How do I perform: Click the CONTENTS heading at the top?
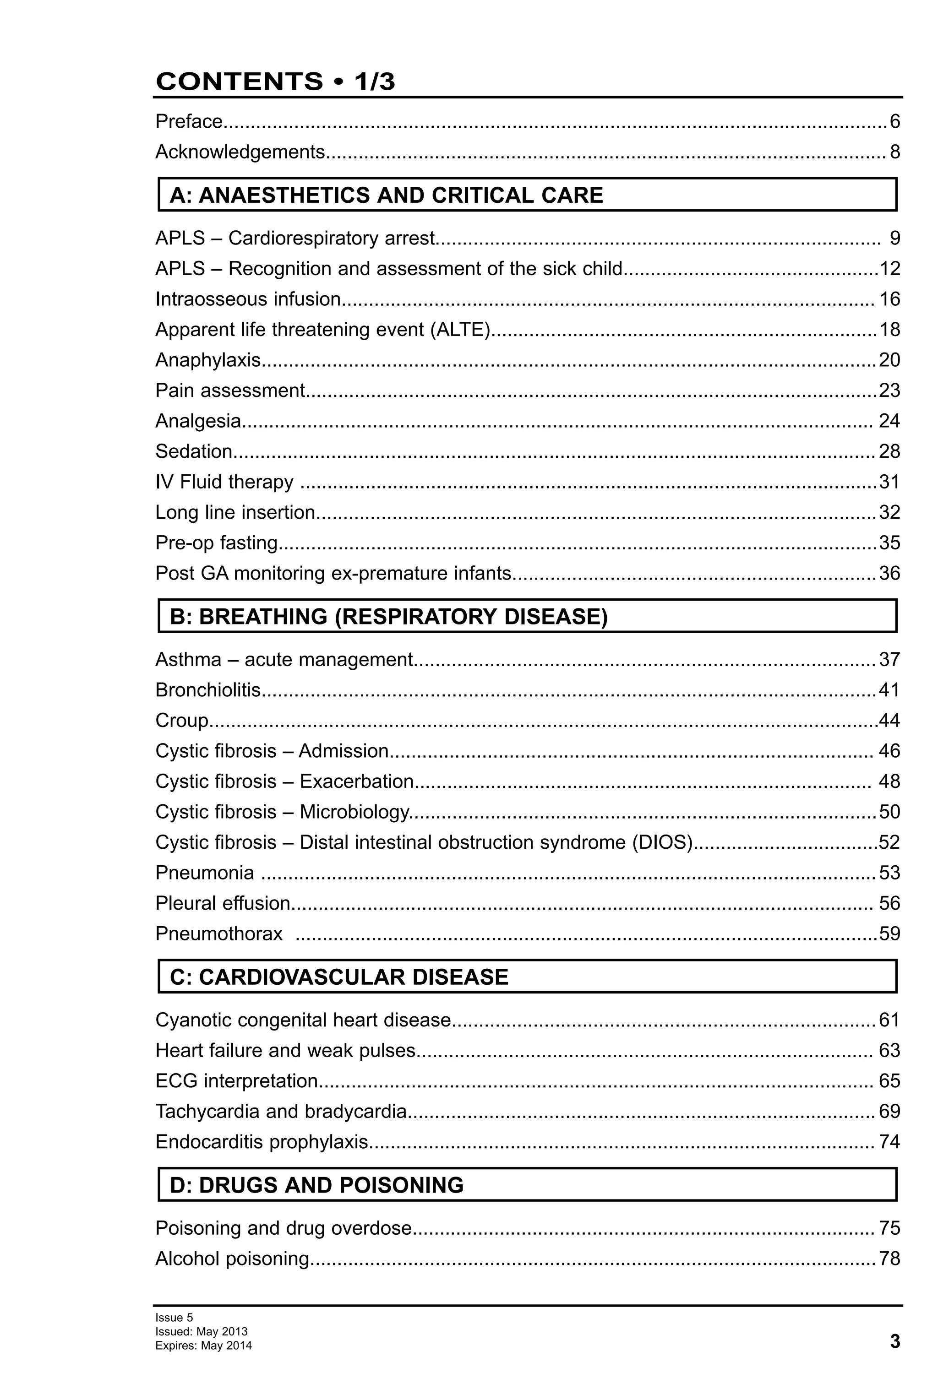pyautogui.click(x=275, y=81)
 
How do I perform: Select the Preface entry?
pyautogui.click(x=189, y=122)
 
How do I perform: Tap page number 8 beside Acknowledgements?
pyautogui.click(x=894, y=152)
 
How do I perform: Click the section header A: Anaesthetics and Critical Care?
pyautogui.click(x=386, y=195)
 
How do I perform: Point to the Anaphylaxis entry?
pyautogui.click(x=208, y=360)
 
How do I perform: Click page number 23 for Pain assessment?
pyautogui.click(x=889, y=390)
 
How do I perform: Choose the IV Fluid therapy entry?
pyautogui.click(x=224, y=482)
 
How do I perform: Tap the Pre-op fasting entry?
pyautogui.click(x=217, y=543)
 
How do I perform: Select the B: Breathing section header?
pyautogui.click(x=388, y=616)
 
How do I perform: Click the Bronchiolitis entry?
pyautogui.click(x=208, y=690)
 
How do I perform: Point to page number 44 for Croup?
pyautogui.click(x=889, y=720)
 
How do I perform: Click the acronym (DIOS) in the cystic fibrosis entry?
pyautogui.click(x=662, y=842)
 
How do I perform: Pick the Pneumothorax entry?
pyautogui.click(x=219, y=933)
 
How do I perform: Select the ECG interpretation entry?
pyautogui.click(x=237, y=1080)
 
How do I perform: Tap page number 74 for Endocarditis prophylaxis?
pyautogui.click(x=889, y=1142)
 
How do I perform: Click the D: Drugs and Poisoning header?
pyautogui.click(x=317, y=1185)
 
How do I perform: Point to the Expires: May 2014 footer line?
pyautogui.click(x=203, y=1346)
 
